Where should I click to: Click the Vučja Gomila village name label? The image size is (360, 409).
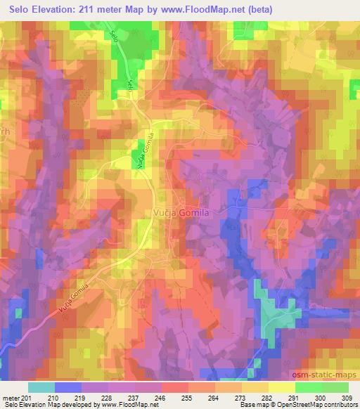point(181,211)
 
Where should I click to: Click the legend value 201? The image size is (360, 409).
point(27,397)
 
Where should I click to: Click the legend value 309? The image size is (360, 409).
point(347,397)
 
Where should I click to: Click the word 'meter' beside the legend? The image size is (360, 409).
point(11,397)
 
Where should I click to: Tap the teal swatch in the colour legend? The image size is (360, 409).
point(41,387)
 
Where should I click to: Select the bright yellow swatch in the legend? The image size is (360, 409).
point(281,387)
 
